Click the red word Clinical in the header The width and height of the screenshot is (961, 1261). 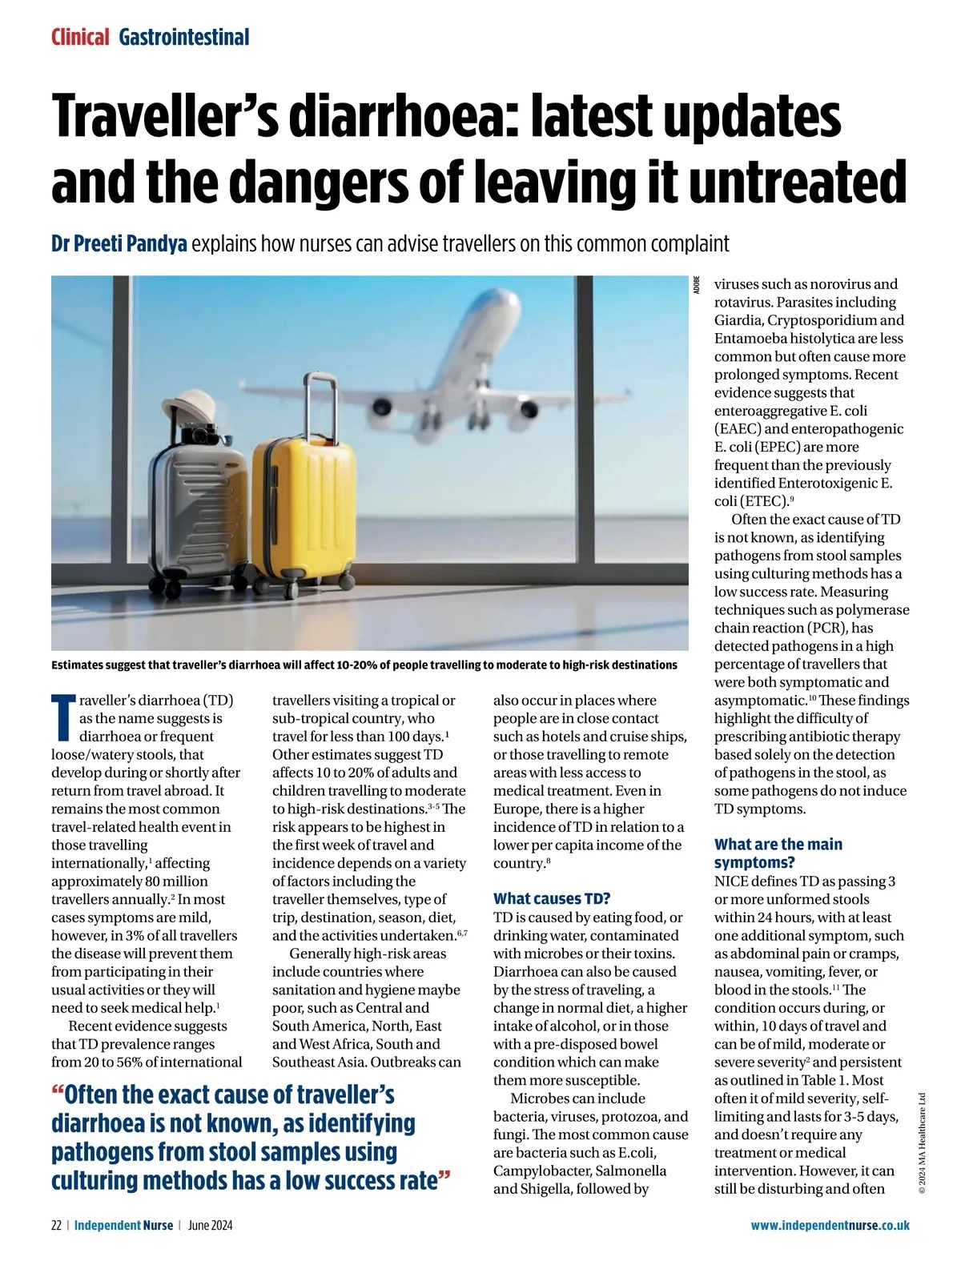80,37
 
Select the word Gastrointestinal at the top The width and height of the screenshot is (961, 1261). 184,37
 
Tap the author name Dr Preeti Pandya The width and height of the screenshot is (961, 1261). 119,243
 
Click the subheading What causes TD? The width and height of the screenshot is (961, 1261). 552,898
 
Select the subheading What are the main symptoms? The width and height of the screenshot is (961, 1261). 778,853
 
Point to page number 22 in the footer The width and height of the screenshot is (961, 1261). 57,1225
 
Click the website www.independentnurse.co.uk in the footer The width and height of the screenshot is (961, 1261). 830,1225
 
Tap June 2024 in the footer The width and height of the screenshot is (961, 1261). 211,1225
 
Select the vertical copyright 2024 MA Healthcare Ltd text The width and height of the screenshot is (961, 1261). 922,1143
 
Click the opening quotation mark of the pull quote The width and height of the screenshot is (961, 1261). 57,1093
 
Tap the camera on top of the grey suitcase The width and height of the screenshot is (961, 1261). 200,435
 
